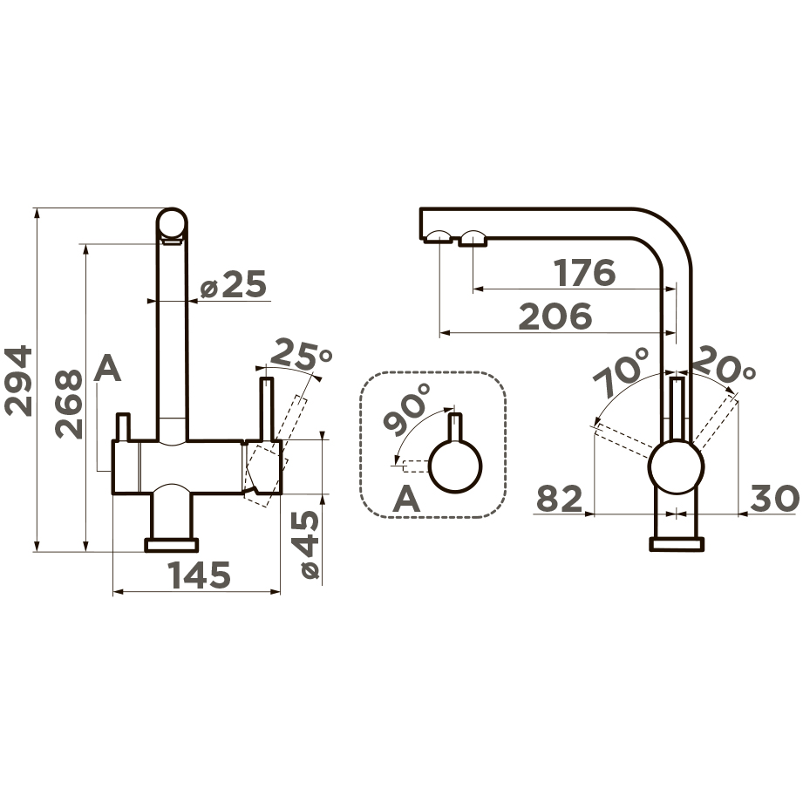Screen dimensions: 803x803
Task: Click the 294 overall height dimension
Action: point(18,380)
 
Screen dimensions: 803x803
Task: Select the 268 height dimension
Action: point(69,404)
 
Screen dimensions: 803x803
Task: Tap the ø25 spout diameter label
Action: point(234,284)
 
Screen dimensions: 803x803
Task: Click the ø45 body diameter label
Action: point(310,544)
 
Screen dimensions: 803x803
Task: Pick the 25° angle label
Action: point(301,354)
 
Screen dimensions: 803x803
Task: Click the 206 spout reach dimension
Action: point(555,316)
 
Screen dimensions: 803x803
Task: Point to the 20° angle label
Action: point(725,364)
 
